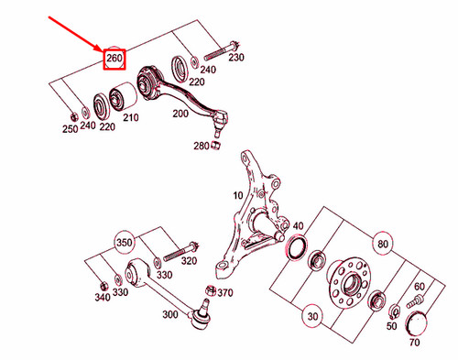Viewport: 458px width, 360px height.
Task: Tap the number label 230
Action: [236, 58]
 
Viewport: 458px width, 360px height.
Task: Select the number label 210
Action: [130, 117]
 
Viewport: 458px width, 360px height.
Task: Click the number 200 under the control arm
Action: [180, 113]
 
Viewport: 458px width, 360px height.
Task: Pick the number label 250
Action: [70, 130]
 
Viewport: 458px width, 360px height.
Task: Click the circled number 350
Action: [123, 243]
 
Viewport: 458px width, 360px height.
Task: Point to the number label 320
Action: [189, 260]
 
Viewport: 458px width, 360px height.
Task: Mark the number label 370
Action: [226, 292]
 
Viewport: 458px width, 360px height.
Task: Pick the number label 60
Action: [420, 288]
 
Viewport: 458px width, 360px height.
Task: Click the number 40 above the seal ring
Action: [298, 225]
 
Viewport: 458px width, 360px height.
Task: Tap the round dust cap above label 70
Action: [418, 322]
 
